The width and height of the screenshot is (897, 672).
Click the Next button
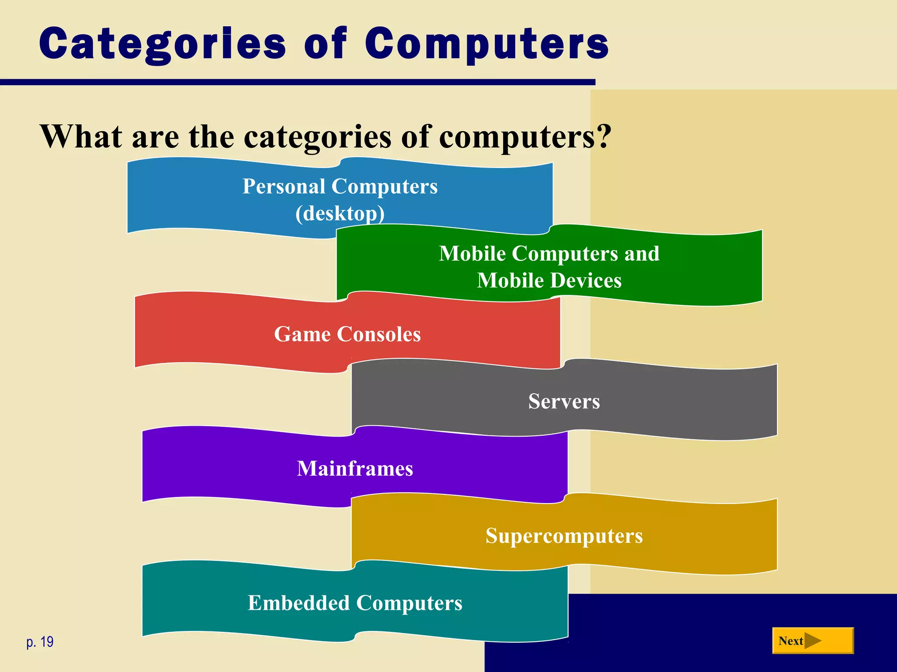pyautogui.click(x=812, y=640)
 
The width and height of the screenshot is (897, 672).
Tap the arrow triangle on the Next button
pyautogui.click(x=812, y=641)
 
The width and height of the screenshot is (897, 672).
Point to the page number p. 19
pyautogui.click(x=40, y=642)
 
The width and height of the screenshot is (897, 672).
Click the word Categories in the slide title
pyautogui.click(x=162, y=44)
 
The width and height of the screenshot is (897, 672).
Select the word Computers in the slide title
pyautogui.click(x=487, y=44)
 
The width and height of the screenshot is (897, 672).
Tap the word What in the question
pyautogui.click(x=81, y=136)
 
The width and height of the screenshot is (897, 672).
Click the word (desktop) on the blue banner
pyautogui.click(x=340, y=213)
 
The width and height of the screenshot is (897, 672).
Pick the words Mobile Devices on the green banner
pyautogui.click(x=549, y=280)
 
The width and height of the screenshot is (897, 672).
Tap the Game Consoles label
pyautogui.click(x=347, y=334)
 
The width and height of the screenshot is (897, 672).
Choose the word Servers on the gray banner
pyautogui.click(x=564, y=401)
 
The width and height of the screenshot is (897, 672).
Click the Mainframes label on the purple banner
pyautogui.click(x=355, y=469)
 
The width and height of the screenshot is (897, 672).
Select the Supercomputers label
pyautogui.click(x=564, y=536)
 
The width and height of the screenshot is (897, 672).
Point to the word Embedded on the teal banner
pyautogui.click(x=298, y=603)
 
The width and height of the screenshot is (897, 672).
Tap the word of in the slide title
pyautogui.click(x=325, y=44)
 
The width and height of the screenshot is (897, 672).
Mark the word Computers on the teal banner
pyautogui.click(x=409, y=603)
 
